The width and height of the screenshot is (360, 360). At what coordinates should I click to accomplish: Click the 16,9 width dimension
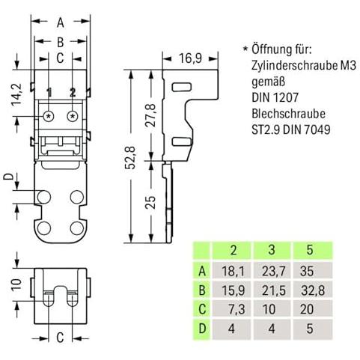[190, 58]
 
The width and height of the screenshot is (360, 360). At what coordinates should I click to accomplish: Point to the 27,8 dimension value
[150, 115]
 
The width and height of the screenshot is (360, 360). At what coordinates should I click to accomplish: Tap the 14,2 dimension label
[17, 94]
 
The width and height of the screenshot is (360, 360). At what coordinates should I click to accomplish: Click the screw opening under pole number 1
[49, 116]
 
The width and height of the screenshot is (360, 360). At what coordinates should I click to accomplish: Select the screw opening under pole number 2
[73, 116]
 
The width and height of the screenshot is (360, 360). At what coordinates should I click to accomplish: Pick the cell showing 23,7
[273, 271]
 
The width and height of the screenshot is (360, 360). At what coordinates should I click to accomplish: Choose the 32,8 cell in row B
[313, 290]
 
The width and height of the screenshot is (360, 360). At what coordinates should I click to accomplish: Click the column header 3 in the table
[272, 250]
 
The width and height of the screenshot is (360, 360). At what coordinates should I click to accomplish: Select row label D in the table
[202, 329]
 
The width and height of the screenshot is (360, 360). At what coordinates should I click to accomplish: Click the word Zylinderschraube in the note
[291, 66]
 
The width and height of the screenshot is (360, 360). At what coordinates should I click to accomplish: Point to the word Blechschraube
[288, 114]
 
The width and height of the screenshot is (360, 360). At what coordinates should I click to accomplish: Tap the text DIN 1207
[275, 97]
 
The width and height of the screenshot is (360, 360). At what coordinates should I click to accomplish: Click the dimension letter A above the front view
[61, 22]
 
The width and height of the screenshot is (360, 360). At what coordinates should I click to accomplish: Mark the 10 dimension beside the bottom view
[17, 285]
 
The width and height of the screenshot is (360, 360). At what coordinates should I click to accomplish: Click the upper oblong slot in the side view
[182, 87]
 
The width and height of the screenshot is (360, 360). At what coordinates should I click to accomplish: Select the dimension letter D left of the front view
[9, 177]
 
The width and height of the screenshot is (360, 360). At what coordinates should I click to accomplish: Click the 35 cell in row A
[313, 271]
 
